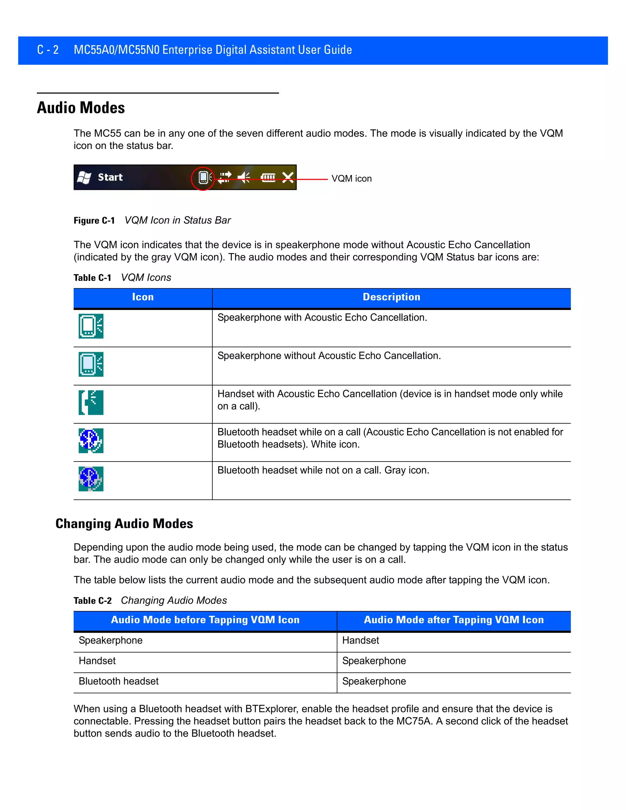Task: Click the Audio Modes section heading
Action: coord(81,108)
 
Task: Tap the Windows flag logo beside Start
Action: coord(84,178)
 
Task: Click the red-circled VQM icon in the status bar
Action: coord(203,178)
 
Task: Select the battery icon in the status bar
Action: coord(268,178)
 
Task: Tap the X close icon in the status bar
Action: coord(288,178)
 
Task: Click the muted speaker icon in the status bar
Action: coord(244,178)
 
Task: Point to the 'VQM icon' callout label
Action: coord(351,179)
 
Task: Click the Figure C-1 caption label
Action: coord(94,221)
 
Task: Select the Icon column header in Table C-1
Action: coord(143,297)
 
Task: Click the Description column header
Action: coord(391,297)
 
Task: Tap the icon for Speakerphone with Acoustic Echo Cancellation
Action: coord(91,326)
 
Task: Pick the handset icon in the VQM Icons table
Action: coord(91,403)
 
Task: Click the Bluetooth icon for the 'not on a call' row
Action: coord(91,479)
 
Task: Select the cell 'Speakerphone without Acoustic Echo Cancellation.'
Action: coord(329,356)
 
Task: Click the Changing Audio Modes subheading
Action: coord(124,524)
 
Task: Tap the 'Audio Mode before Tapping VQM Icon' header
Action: coord(205,620)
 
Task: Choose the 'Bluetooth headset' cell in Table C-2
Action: coord(119,681)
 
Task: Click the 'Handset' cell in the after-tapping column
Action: coord(360,640)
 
